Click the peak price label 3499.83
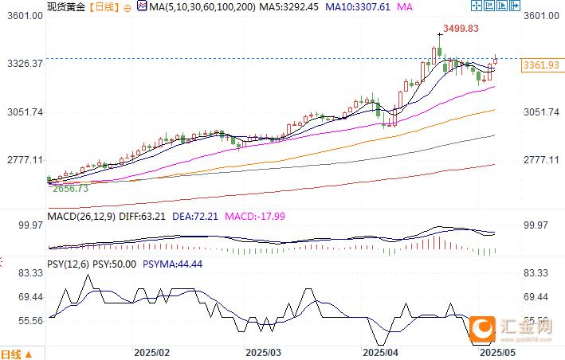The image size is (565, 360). (461, 28)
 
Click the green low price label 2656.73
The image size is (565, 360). (70, 190)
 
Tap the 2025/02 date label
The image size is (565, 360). (152, 351)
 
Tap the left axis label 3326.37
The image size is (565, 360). (24, 64)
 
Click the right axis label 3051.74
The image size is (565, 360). (541, 112)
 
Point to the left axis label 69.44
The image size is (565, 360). (29, 297)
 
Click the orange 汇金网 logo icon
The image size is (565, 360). (481, 327)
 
